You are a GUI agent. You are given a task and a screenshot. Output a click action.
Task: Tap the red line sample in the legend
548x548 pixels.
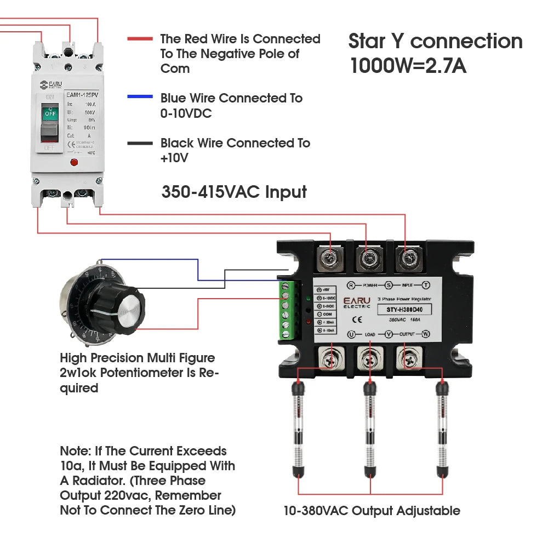[x=140, y=39]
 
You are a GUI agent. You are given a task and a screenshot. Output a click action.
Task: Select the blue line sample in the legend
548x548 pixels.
[x=140, y=97]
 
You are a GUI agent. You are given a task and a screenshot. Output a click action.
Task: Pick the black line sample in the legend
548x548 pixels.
[x=140, y=144]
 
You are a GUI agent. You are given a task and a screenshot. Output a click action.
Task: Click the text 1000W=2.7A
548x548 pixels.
[x=408, y=66]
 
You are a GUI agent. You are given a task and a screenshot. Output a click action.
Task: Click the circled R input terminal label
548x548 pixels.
[x=351, y=285]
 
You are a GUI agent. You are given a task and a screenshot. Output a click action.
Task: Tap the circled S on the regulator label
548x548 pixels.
[x=389, y=285]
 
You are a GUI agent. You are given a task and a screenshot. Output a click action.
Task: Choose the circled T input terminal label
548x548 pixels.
[x=425, y=285]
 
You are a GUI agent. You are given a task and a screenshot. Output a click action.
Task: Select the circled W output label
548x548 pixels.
[x=425, y=334]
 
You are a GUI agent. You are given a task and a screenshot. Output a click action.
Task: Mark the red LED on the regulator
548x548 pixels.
[x=309, y=322]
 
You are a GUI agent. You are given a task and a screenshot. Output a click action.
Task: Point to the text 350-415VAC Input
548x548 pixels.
[x=234, y=192]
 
